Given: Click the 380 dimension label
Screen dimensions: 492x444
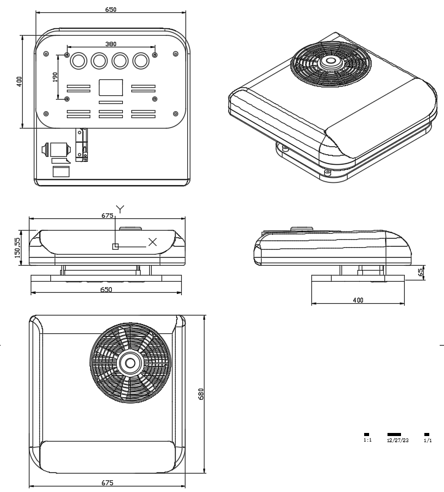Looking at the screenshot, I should (111, 44).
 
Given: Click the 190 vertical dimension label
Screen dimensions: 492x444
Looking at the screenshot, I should (55, 77).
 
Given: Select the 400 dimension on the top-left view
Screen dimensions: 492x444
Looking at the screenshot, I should (19, 81).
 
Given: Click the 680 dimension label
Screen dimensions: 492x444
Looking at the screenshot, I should (201, 394).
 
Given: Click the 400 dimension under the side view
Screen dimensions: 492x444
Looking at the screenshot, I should (359, 300).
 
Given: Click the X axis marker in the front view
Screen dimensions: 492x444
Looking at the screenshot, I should (152, 242).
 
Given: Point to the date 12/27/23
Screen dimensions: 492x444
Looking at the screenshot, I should (397, 440).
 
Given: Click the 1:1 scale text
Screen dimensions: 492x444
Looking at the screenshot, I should (367, 440).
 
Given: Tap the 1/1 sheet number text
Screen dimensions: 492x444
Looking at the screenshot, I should (427, 440).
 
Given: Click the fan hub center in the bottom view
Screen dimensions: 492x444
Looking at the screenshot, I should (130, 363).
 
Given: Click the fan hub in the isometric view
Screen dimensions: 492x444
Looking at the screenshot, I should (331, 61).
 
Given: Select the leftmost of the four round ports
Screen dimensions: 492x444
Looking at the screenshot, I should (79, 61).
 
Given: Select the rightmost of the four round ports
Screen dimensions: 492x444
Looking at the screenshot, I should (141, 61).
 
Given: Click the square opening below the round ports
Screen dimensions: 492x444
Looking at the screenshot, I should (111, 87).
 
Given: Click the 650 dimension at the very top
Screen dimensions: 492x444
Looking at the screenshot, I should (111, 9).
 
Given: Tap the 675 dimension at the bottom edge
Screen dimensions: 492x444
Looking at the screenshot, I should (107, 482).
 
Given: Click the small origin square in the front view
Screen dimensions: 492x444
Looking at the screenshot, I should (115, 246).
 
